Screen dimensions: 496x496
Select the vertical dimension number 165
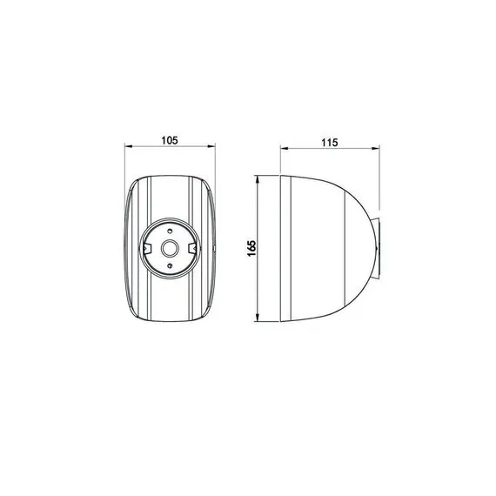point(251,248)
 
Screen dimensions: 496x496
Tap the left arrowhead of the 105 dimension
point(129,149)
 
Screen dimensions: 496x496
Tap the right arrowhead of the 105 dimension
point(211,149)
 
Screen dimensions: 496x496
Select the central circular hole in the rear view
point(170,248)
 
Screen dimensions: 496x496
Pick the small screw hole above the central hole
point(170,231)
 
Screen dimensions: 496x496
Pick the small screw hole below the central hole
point(170,265)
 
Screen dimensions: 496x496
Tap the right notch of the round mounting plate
point(196,248)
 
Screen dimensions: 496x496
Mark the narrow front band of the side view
point(282,248)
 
